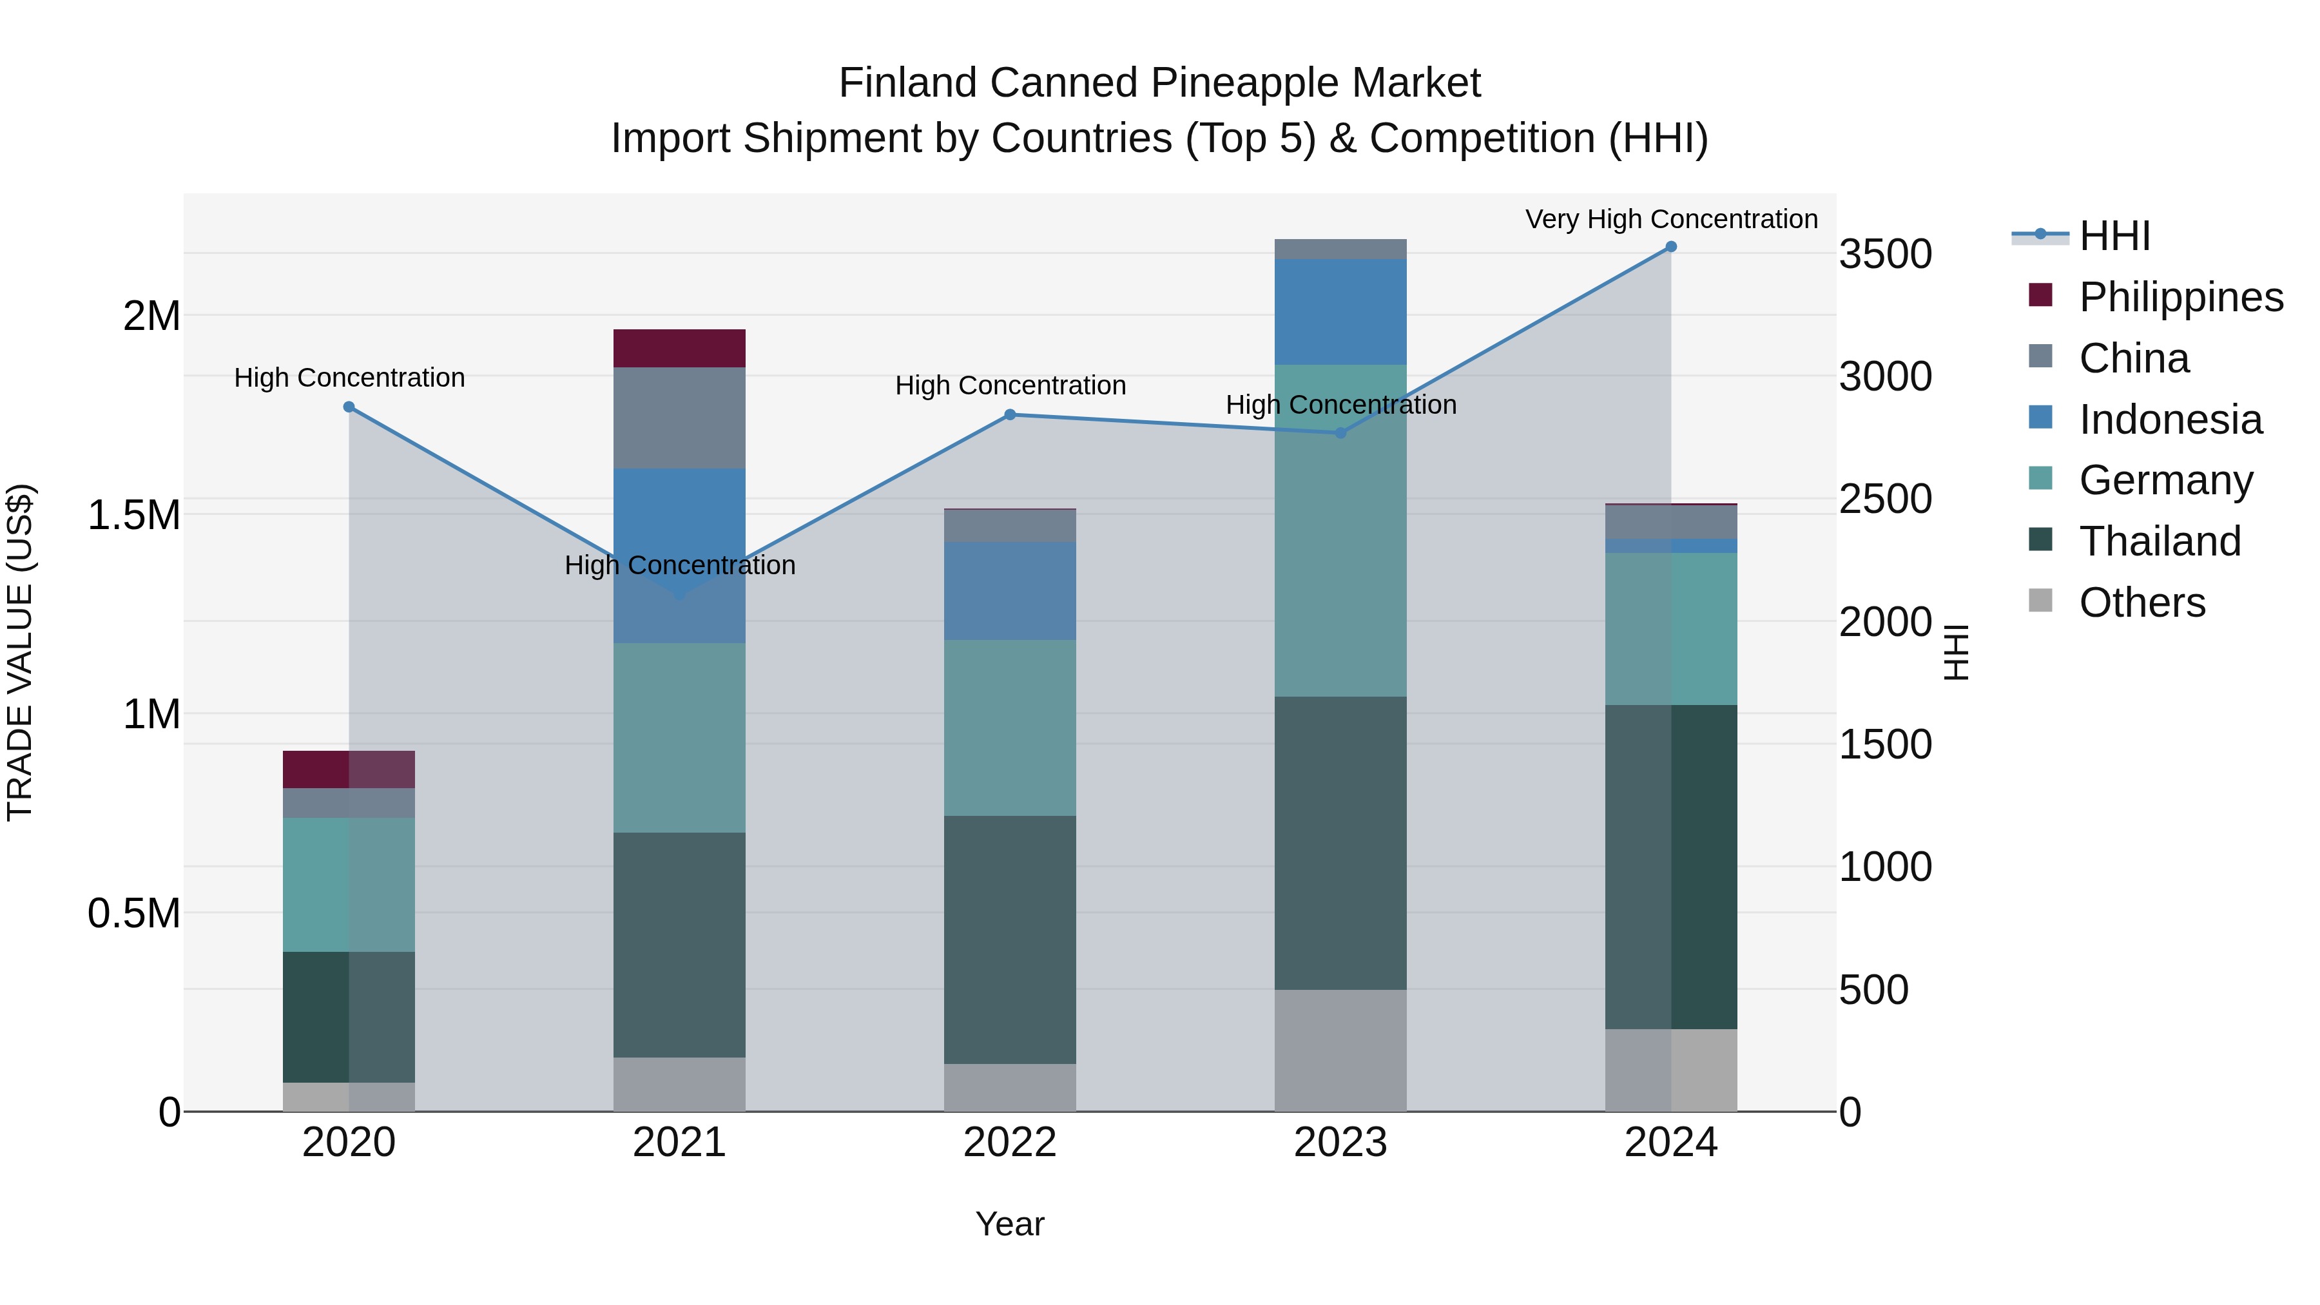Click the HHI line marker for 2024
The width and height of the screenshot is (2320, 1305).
(x=1670, y=247)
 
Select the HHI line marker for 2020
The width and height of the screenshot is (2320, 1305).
(x=349, y=407)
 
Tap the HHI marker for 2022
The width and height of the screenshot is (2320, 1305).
(x=1010, y=415)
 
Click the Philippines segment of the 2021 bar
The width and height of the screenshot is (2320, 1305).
(x=679, y=349)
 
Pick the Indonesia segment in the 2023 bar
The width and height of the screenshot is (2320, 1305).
(x=1340, y=312)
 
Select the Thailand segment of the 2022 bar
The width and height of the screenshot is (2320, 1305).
(x=1010, y=940)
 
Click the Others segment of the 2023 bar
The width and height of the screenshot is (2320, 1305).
(x=1340, y=1050)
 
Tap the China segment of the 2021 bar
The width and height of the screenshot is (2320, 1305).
(x=679, y=418)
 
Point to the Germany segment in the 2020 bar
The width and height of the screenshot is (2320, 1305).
(x=349, y=884)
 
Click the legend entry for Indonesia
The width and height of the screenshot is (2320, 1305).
(x=2170, y=420)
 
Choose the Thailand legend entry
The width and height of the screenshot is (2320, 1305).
(x=2159, y=541)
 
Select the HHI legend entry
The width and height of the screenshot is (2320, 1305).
(x=2114, y=236)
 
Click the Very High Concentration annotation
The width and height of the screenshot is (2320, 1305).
(x=1670, y=219)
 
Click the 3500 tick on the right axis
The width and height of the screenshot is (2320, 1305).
(x=1885, y=254)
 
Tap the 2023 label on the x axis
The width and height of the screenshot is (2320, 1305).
(x=1340, y=1143)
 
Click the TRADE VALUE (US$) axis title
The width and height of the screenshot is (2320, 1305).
(x=20, y=652)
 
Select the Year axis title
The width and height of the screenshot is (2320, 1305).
(x=1010, y=1224)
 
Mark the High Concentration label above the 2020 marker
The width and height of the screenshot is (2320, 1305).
(x=349, y=378)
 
